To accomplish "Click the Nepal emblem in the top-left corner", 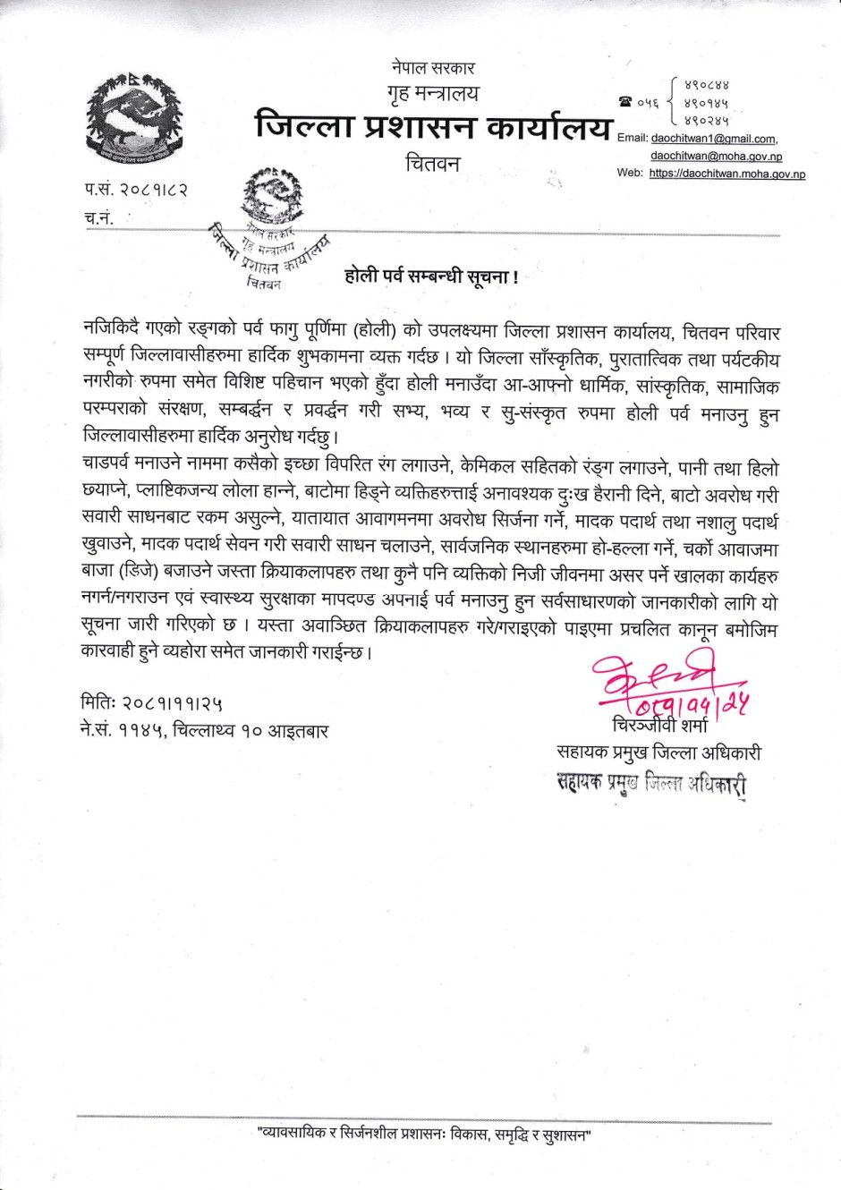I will [x=134, y=121].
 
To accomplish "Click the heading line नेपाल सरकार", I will [x=433, y=67].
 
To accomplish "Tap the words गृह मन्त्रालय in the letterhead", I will [x=433, y=93].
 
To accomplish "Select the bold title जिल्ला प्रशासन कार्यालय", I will [x=433, y=127].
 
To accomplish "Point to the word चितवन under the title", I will [x=433, y=164].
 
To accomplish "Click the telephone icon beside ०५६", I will [x=624, y=103].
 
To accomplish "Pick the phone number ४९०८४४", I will [x=706, y=86].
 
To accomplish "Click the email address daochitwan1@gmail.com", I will [x=713, y=139].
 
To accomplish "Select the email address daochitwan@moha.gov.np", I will [x=716, y=156].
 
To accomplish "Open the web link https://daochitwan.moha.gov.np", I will [x=726, y=174].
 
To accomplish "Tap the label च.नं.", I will [x=99, y=217].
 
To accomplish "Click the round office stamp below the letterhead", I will [x=273, y=231].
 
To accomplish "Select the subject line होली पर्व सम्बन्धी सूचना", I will [x=431, y=276].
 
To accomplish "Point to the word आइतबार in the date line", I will [x=297, y=731].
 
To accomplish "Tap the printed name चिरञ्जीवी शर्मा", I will [x=659, y=725].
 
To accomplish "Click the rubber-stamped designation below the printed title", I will [x=650, y=784].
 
